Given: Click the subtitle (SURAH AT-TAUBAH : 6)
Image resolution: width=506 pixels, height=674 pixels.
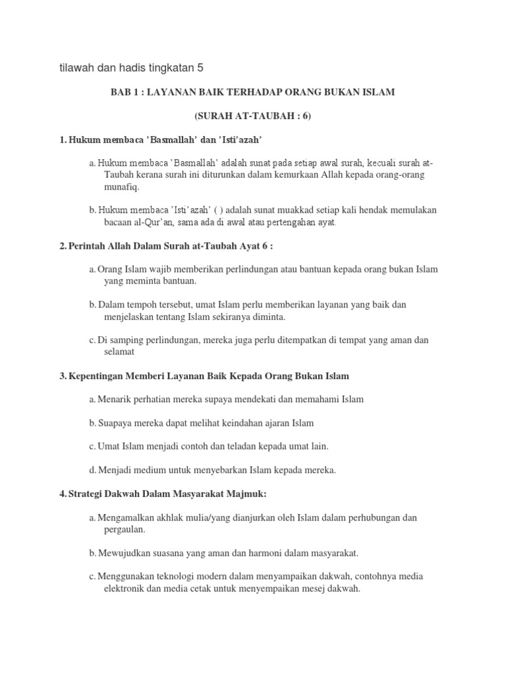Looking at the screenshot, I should [252, 116].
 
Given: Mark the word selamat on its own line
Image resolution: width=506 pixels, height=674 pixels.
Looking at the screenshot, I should [119, 352].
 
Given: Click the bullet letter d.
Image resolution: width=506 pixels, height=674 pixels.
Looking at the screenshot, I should [92, 470].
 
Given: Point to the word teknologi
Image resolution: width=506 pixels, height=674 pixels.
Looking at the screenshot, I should [175, 577].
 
